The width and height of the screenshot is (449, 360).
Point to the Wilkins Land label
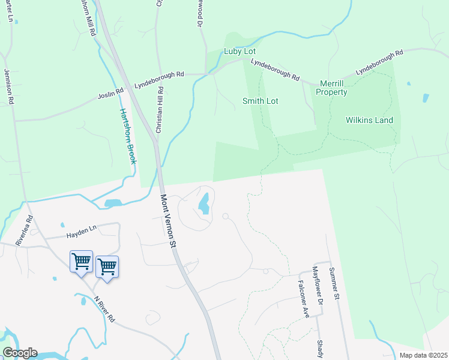pos(369,120)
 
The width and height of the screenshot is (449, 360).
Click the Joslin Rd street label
pos(110,94)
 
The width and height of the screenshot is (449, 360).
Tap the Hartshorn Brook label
pos(128,136)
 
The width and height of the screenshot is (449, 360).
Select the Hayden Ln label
pos(82,229)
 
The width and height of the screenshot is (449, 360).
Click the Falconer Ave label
pos(304,298)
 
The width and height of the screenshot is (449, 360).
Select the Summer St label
pos(334,284)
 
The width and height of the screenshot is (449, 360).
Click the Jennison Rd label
pos(8,86)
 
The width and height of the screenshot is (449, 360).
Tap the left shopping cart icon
pos(81,262)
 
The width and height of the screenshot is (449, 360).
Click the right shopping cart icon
pos(107,267)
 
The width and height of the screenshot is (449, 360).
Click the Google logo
pos(20,353)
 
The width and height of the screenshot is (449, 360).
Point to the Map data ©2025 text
pos(423,355)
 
